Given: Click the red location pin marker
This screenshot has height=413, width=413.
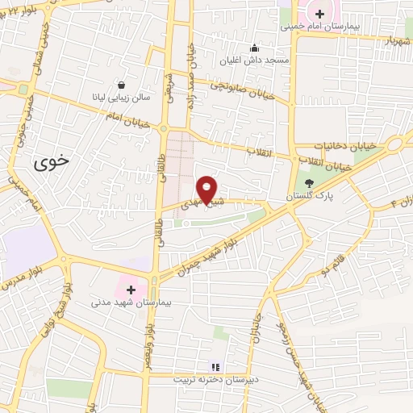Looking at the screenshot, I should (207, 190).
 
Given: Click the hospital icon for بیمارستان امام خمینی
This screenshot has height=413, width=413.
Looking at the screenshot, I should (319, 13).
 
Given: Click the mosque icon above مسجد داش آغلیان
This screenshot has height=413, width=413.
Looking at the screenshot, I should (255, 48).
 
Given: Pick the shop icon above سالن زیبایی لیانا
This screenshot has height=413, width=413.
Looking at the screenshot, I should (121, 84).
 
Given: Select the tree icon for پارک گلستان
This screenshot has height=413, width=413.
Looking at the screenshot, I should (309, 182).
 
